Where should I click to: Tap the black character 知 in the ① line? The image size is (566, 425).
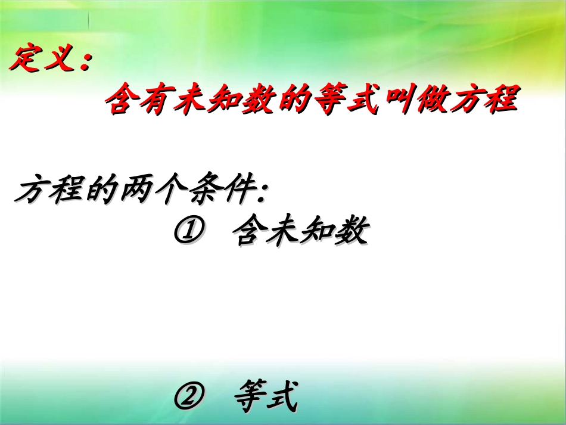point(318,232)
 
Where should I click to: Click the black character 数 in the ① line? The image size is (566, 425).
point(350,232)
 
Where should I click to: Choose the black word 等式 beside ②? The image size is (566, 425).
point(265,398)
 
